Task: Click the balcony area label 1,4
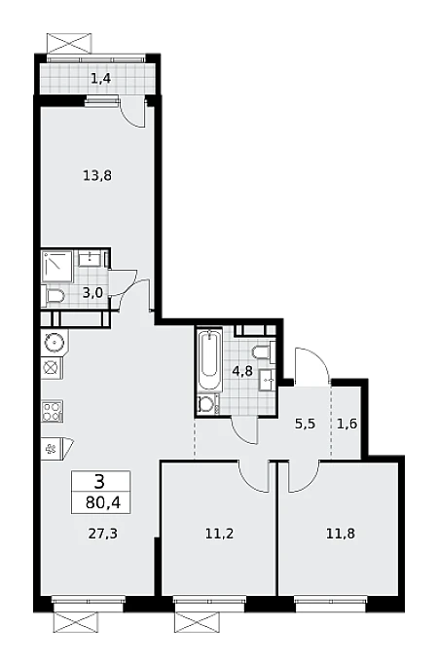pos(101,78)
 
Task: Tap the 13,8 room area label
pos(97,175)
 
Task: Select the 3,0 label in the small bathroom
pos(92,292)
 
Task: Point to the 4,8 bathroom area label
pos(242,371)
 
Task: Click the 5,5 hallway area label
pos(306,424)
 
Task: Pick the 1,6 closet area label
pos(347,424)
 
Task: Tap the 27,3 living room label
pos(103,534)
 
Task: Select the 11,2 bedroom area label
pos(219,534)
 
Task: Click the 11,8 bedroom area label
pos(341,534)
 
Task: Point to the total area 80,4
pos(103,503)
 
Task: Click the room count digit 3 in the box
pos(100,482)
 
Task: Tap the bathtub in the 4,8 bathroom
pos(210,359)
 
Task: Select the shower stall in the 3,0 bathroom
pos(57,266)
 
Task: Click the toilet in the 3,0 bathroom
pos(54,296)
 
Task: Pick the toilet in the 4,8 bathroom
pos(264,351)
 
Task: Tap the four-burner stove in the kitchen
pos(53,411)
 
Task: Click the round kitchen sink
pos(55,341)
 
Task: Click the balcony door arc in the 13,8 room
pos(132,116)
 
